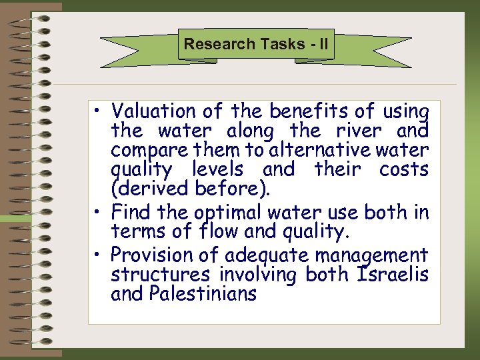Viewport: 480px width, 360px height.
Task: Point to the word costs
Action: [x=404, y=169]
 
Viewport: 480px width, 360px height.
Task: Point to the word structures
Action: [x=160, y=275]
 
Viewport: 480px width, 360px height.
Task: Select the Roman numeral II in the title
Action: [x=323, y=45]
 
